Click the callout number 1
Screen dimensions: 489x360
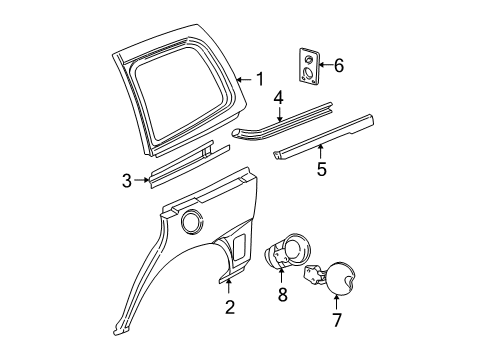(x=259, y=79)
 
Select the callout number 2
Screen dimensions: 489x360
(x=230, y=307)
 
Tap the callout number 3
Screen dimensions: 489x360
(x=127, y=181)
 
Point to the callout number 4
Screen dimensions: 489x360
(x=279, y=98)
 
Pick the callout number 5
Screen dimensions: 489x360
(x=321, y=169)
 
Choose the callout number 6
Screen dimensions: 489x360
(x=339, y=65)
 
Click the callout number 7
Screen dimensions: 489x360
(x=337, y=320)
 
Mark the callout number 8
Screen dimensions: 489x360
(x=283, y=295)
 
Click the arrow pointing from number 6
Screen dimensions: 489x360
(x=326, y=65)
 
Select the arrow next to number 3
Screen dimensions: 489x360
(x=141, y=180)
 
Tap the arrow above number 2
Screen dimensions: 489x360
(x=229, y=286)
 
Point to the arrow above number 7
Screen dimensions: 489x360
(x=336, y=302)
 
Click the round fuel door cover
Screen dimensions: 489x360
(x=340, y=278)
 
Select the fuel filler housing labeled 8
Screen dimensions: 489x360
(x=287, y=250)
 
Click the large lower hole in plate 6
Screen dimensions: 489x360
(x=309, y=72)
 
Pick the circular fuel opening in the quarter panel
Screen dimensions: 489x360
(x=192, y=220)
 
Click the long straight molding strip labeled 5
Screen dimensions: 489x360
(x=323, y=137)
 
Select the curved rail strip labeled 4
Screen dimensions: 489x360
(x=282, y=120)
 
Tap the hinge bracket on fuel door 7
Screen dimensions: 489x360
(x=313, y=273)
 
